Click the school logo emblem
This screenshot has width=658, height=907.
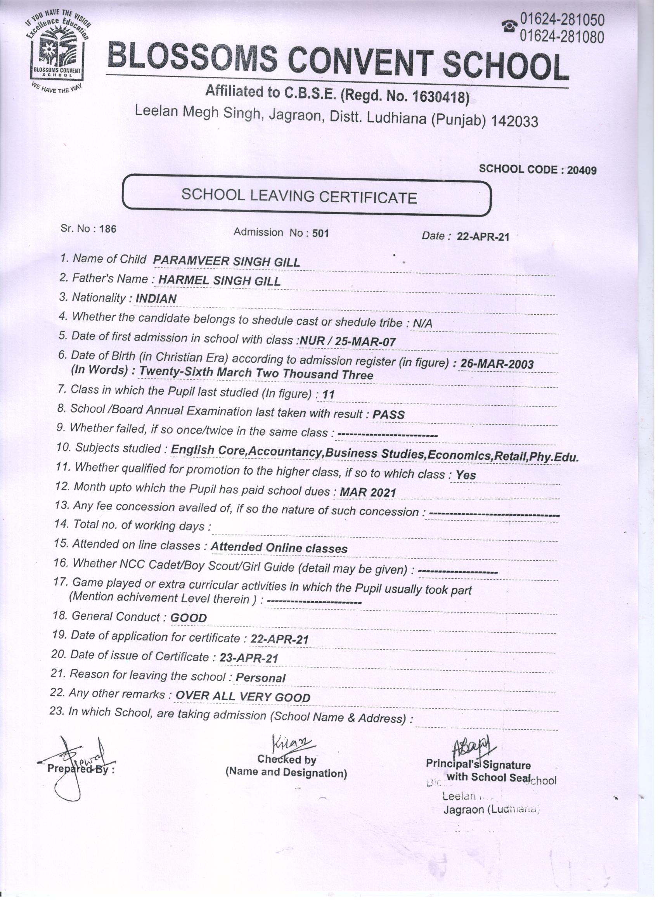[57, 52]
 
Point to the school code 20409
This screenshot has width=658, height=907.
[582, 170]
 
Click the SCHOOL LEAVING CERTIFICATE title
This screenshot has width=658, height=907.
[299, 196]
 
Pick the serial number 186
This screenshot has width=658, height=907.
[108, 229]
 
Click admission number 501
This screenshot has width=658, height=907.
[320, 233]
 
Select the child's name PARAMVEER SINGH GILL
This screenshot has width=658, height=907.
[227, 261]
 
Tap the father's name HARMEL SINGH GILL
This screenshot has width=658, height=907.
[219, 281]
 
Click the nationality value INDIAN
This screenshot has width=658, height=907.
[156, 299]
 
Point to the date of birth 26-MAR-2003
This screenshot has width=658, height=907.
[497, 364]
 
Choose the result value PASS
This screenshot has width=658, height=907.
[388, 414]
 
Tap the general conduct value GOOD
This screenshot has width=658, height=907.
[189, 618]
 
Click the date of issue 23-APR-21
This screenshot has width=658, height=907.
[249, 658]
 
